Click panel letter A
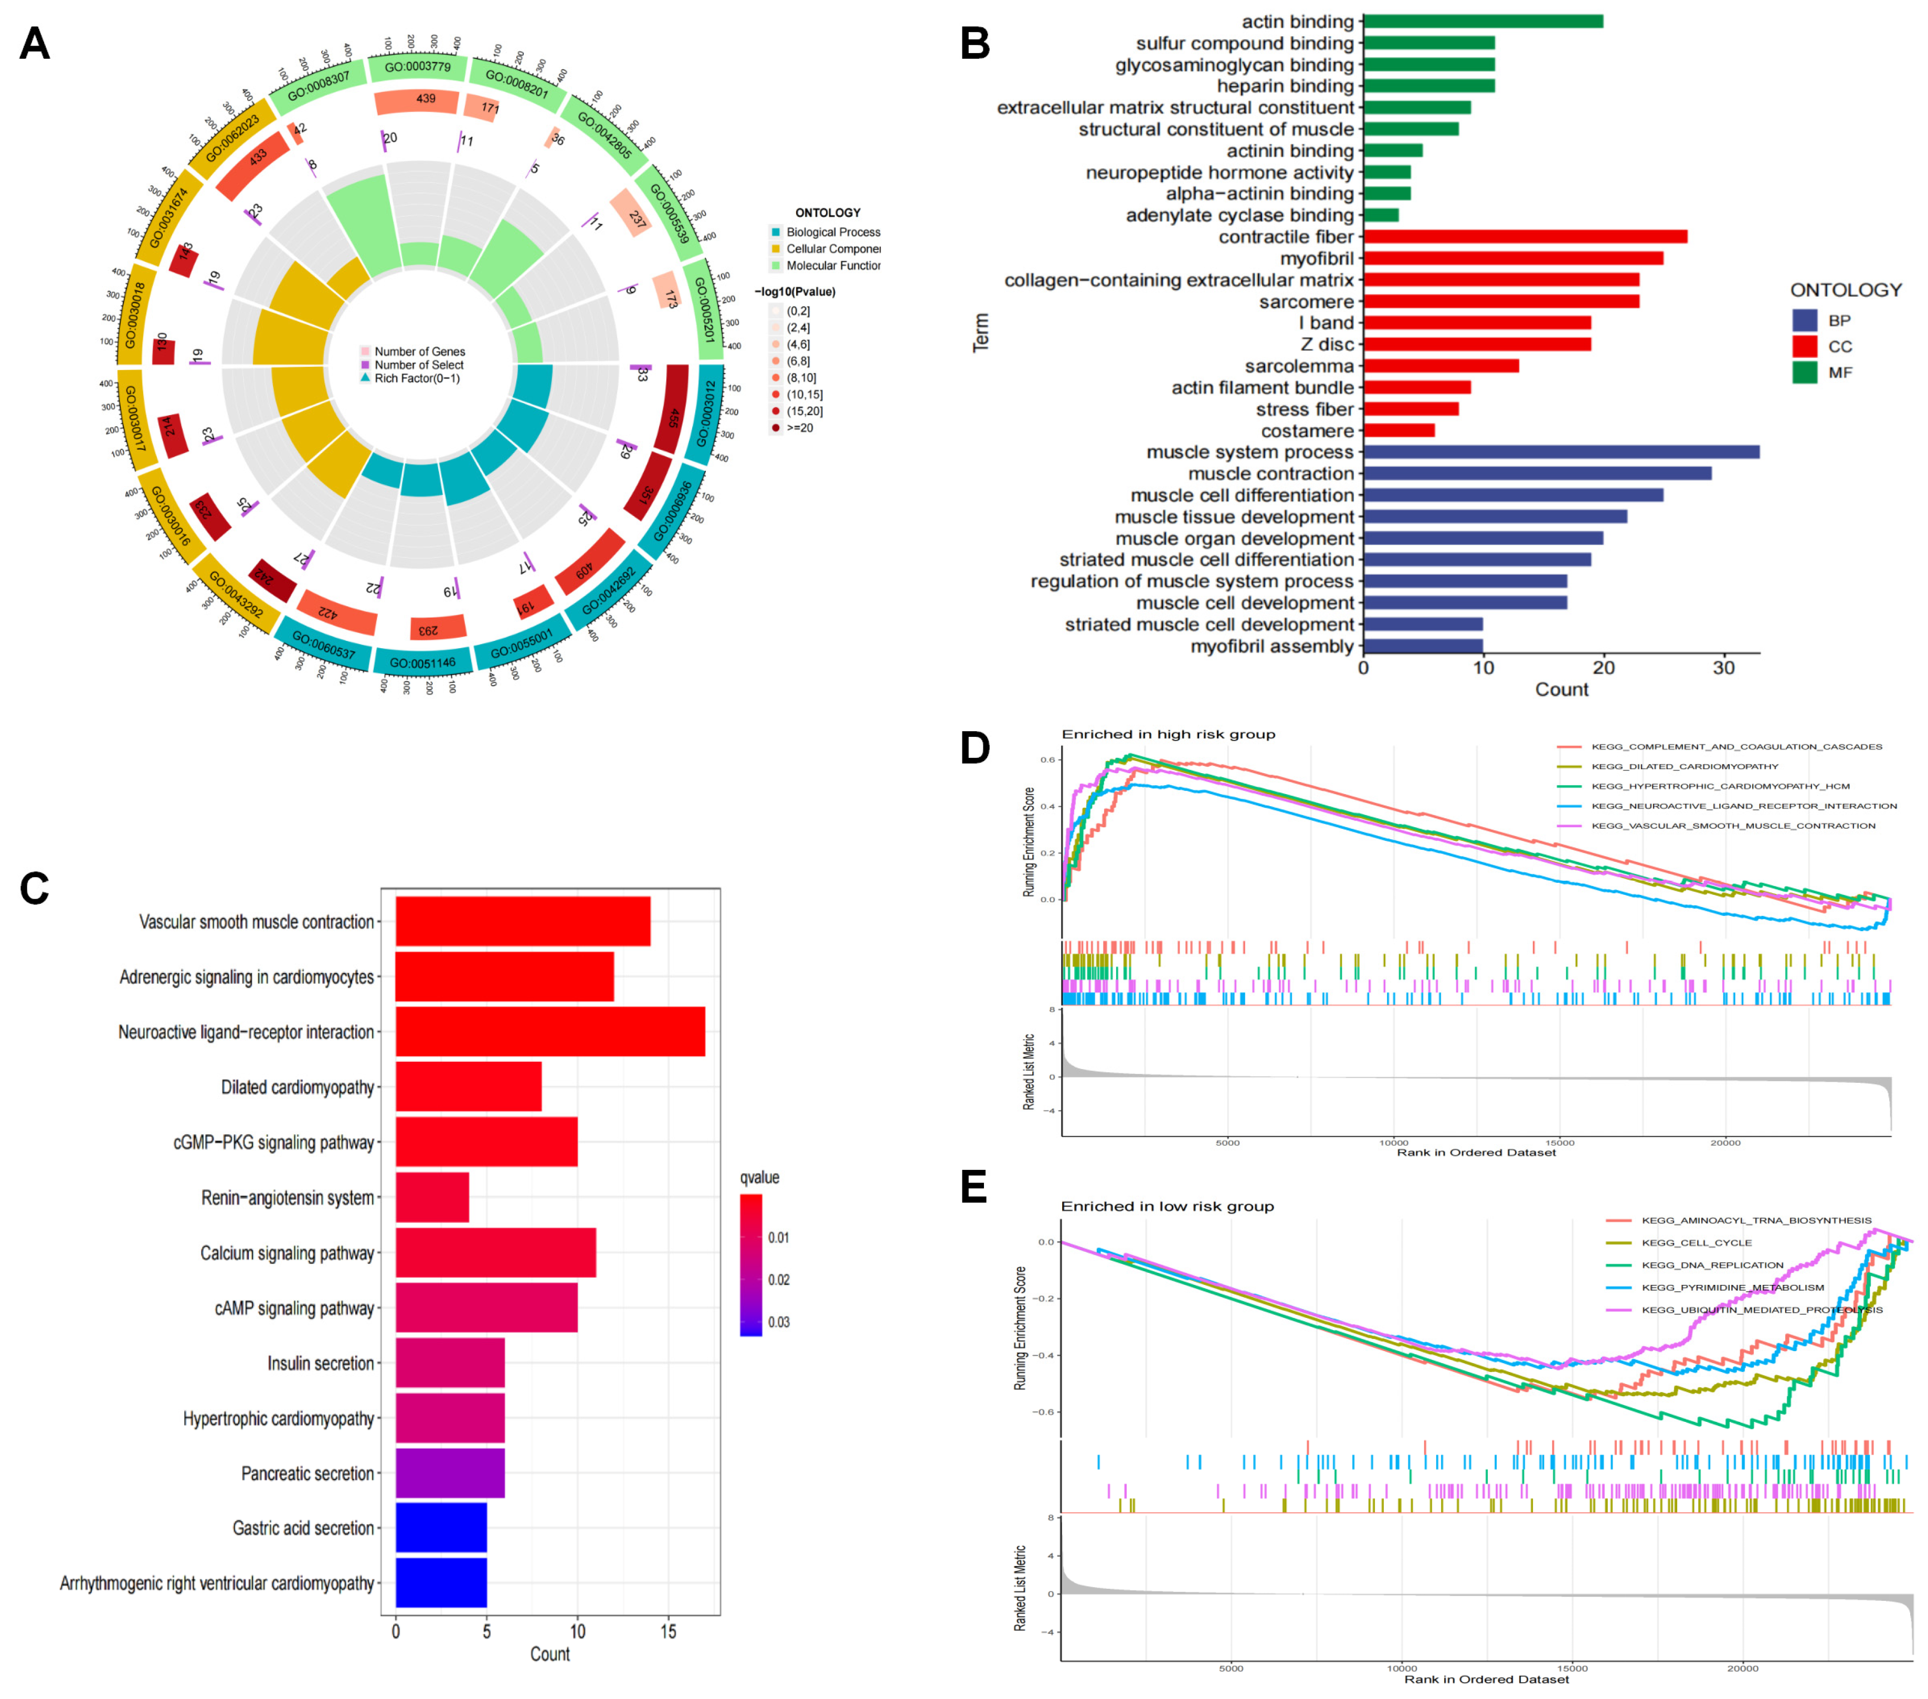[x=35, y=44]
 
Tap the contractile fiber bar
[x=1524, y=237]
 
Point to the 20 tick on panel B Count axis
[x=1604, y=668]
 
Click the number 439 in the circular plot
[x=426, y=98]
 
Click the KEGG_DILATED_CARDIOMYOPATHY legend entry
[x=1683, y=766]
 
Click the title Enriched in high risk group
[x=1168, y=734]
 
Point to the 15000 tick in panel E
[x=1572, y=1668]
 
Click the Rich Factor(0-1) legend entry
[x=416, y=378]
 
